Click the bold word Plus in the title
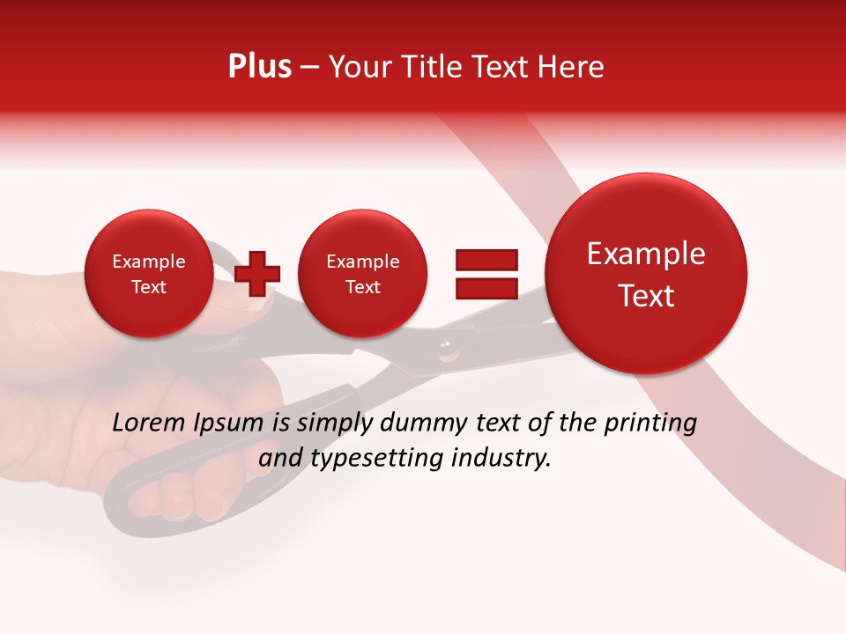point(259,67)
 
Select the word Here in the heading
point(571,67)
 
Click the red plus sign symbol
point(257,273)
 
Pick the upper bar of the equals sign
point(486,260)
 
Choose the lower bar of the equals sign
point(486,288)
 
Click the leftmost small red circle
point(148,274)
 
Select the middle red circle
point(362,274)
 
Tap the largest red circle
point(646,274)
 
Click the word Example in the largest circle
point(646,254)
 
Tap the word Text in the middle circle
point(362,287)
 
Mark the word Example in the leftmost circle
point(148,262)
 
